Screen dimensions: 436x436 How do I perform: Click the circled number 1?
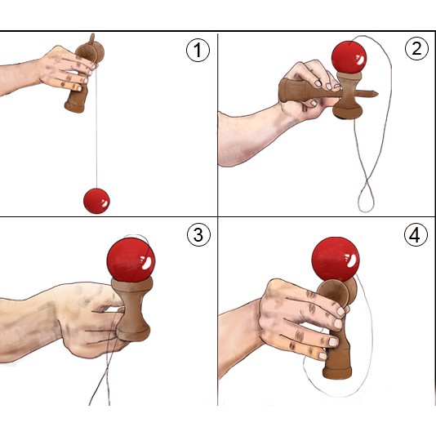[x=198, y=50]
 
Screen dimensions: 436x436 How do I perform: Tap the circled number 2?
[x=416, y=48]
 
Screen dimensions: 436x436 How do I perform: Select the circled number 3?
[x=198, y=234]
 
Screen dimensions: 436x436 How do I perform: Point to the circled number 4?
[x=416, y=234]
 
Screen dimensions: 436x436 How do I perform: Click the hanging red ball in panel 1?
[x=96, y=201]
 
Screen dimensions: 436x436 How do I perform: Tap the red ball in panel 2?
[x=349, y=57]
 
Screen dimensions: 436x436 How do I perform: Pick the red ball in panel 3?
[x=131, y=259]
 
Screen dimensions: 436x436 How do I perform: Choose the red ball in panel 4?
[x=336, y=259]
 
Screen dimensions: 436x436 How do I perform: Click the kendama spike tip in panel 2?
[x=377, y=94]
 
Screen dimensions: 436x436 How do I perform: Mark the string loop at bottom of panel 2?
[x=366, y=199]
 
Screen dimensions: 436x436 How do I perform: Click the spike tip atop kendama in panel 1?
[x=92, y=35]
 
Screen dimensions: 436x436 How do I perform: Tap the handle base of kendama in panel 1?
[x=74, y=107]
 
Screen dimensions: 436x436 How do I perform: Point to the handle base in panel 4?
[x=337, y=372]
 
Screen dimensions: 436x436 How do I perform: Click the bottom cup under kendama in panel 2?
[x=348, y=112]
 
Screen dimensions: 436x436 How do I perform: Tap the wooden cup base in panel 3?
[x=133, y=334]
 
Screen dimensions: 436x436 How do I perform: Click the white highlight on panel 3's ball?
[x=147, y=263]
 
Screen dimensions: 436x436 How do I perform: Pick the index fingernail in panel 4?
[x=341, y=311]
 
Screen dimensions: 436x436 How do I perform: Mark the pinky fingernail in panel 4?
[x=323, y=356]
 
